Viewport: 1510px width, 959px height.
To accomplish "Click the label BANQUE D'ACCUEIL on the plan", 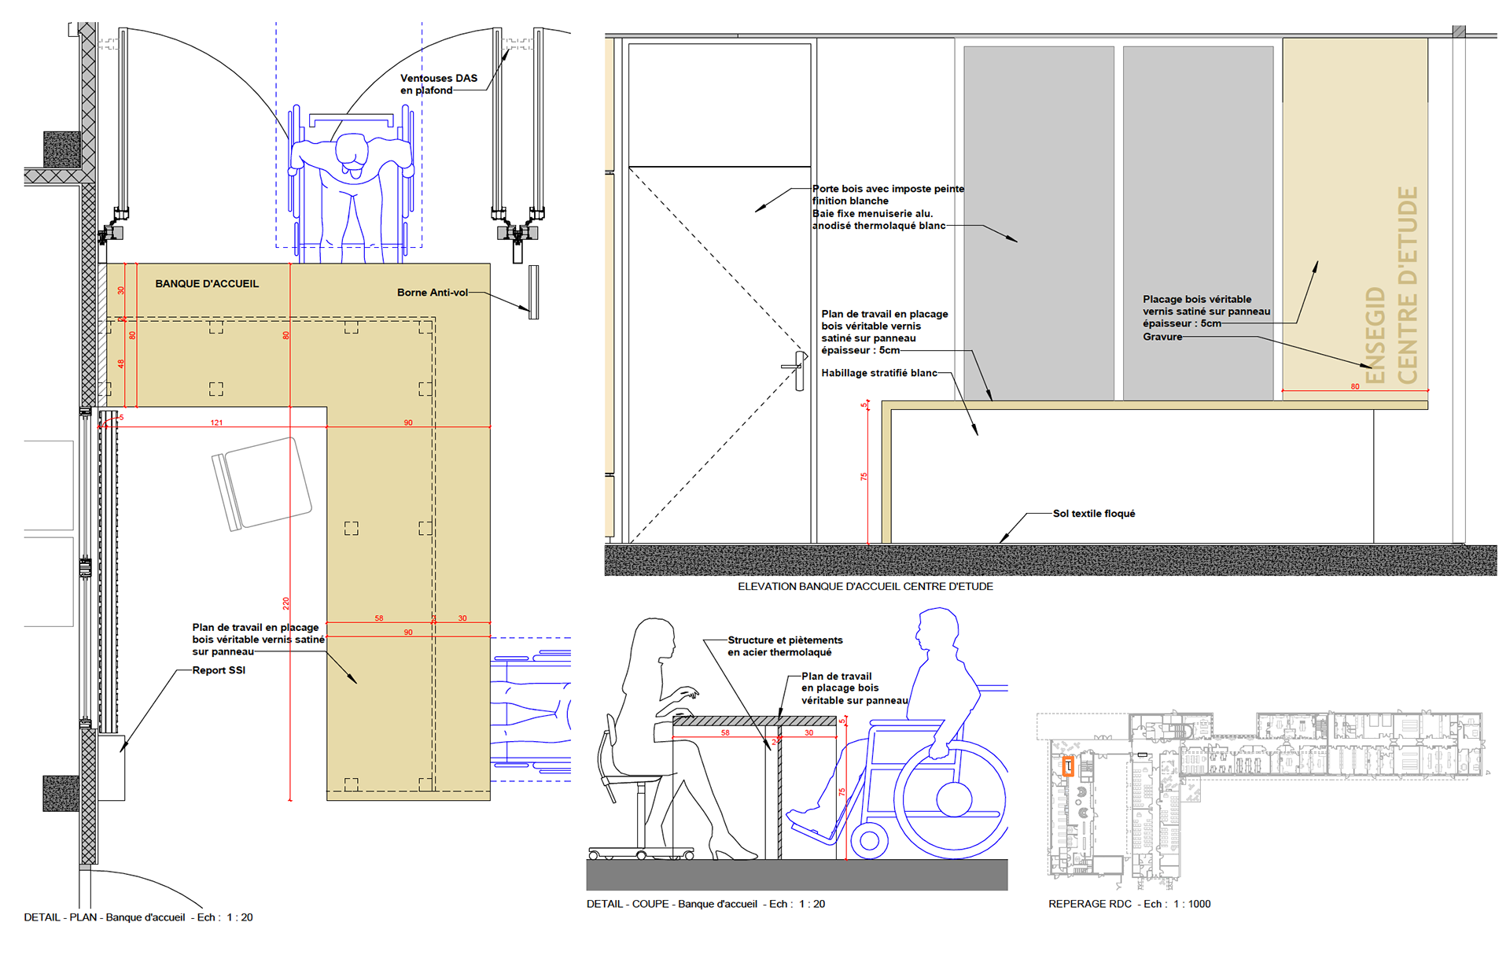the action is [207, 284].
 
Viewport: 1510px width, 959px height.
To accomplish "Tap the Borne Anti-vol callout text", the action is [432, 293].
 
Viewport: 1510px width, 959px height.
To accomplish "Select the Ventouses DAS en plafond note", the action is [438, 84].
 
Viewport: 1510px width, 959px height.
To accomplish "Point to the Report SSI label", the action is [219, 670].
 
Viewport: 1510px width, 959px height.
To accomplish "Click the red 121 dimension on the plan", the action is [216, 423].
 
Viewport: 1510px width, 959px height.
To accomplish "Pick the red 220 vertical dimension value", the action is [286, 603].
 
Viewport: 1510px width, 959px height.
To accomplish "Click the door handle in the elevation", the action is [799, 370].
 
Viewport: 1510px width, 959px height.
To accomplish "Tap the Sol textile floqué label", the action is [1093, 514].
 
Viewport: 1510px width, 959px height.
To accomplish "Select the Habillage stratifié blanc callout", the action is [878, 373].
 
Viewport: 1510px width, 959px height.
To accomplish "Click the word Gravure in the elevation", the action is [1162, 337].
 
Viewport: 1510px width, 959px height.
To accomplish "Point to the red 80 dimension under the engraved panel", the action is [1354, 387].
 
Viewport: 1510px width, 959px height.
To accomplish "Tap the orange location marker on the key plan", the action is [1068, 766].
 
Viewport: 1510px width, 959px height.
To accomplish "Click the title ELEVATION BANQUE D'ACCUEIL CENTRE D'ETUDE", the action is [865, 586].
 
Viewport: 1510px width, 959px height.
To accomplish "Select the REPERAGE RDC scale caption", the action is [1129, 904].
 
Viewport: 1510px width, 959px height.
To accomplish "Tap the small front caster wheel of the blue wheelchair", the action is [869, 840].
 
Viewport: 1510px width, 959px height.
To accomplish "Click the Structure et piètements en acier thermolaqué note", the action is [784, 646].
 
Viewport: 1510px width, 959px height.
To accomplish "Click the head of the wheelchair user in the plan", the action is [352, 151].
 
